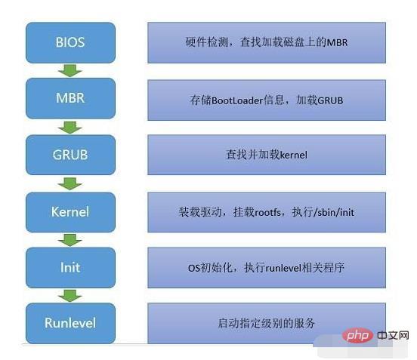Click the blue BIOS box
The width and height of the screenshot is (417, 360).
(x=70, y=42)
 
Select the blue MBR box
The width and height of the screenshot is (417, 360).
(x=70, y=98)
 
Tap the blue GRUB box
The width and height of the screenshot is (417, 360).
(x=70, y=155)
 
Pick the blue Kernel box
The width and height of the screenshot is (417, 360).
(x=70, y=212)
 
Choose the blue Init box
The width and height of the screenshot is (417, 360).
(x=70, y=267)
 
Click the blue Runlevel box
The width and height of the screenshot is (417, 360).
(x=70, y=323)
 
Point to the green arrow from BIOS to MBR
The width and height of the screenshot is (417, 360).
(x=70, y=71)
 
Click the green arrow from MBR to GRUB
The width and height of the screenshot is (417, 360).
(x=70, y=128)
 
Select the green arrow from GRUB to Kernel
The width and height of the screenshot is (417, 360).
(x=70, y=184)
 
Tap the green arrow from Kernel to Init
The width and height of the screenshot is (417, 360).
(x=70, y=240)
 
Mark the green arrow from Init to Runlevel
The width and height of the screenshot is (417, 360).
(x=70, y=296)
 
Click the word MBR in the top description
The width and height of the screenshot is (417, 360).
(x=337, y=42)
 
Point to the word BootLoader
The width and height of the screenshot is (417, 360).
(x=237, y=100)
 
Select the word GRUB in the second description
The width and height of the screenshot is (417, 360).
(x=330, y=100)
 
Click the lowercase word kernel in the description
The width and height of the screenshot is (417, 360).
(x=294, y=155)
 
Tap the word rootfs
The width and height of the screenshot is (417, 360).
(x=268, y=213)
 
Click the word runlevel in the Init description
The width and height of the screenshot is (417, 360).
(x=283, y=268)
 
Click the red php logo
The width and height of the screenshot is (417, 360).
(x=357, y=336)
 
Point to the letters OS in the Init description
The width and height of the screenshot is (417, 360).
(x=193, y=268)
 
